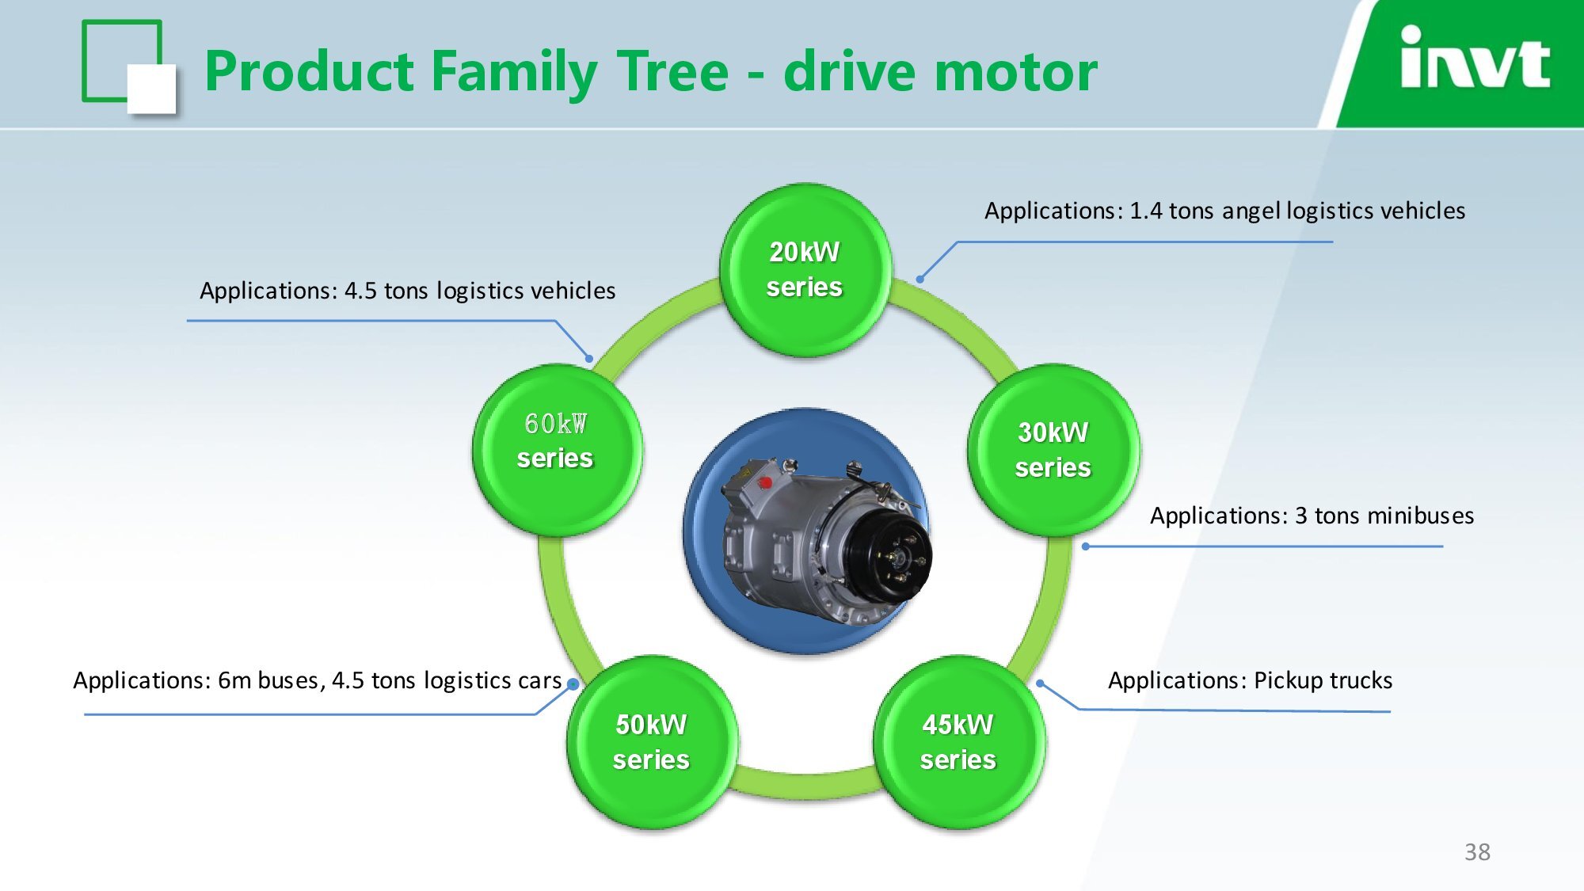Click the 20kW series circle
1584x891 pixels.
point(805,270)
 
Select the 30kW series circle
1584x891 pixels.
point(1053,450)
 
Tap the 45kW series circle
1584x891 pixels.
point(958,742)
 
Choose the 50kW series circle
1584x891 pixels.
point(652,742)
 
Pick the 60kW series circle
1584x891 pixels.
point(557,450)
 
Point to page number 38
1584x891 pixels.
point(1477,852)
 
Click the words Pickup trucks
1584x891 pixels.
point(1323,680)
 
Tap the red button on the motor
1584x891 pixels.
point(765,482)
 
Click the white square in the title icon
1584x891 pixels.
point(151,88)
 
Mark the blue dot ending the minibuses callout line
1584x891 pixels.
point(1085,546)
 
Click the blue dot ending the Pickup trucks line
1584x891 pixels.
point(1040,683)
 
